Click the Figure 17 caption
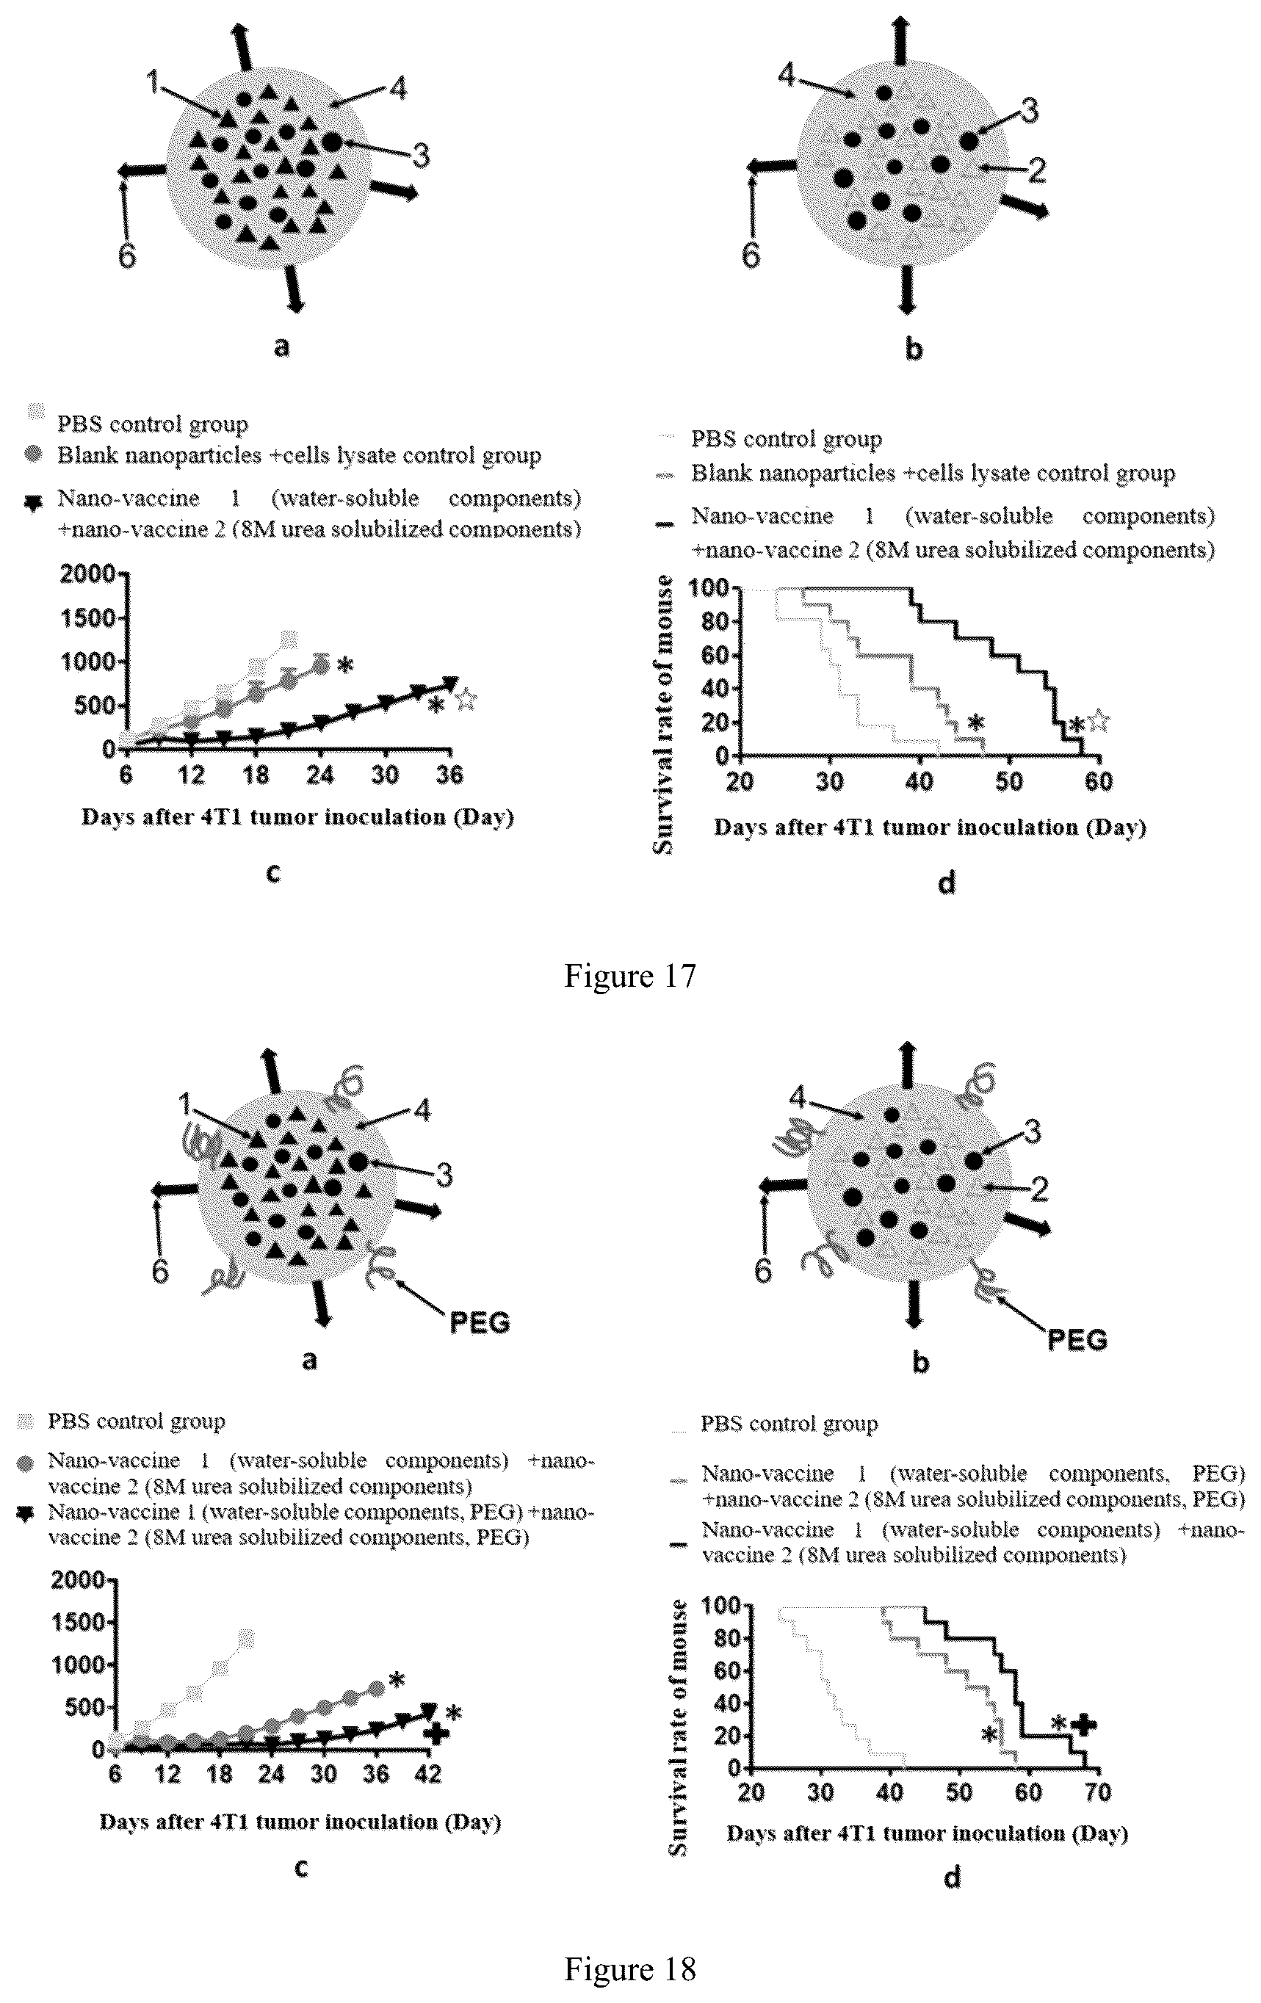click(x=629, y=975)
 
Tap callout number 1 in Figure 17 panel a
click(x=153, y=82)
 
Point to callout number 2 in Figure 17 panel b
click(x=1036, y=170)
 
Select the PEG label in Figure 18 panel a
click(x=480, y=1322)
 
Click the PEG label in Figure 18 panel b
click(x=1077, y=1340)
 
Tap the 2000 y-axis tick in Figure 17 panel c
click(x=87, y=574)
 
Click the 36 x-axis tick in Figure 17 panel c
click(x=449, y=775)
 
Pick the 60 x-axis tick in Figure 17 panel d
click(x=1099, y=781)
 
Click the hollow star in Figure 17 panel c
click(x=466, y=700)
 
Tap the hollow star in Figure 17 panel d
click(x=1098, y=720)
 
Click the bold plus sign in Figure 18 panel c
click(x=436, y=1734)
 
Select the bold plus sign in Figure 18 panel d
click(x=1083, y=1724)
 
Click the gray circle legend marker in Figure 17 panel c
click(x=34, y=456)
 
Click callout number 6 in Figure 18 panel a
click(x=159, y=1271)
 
